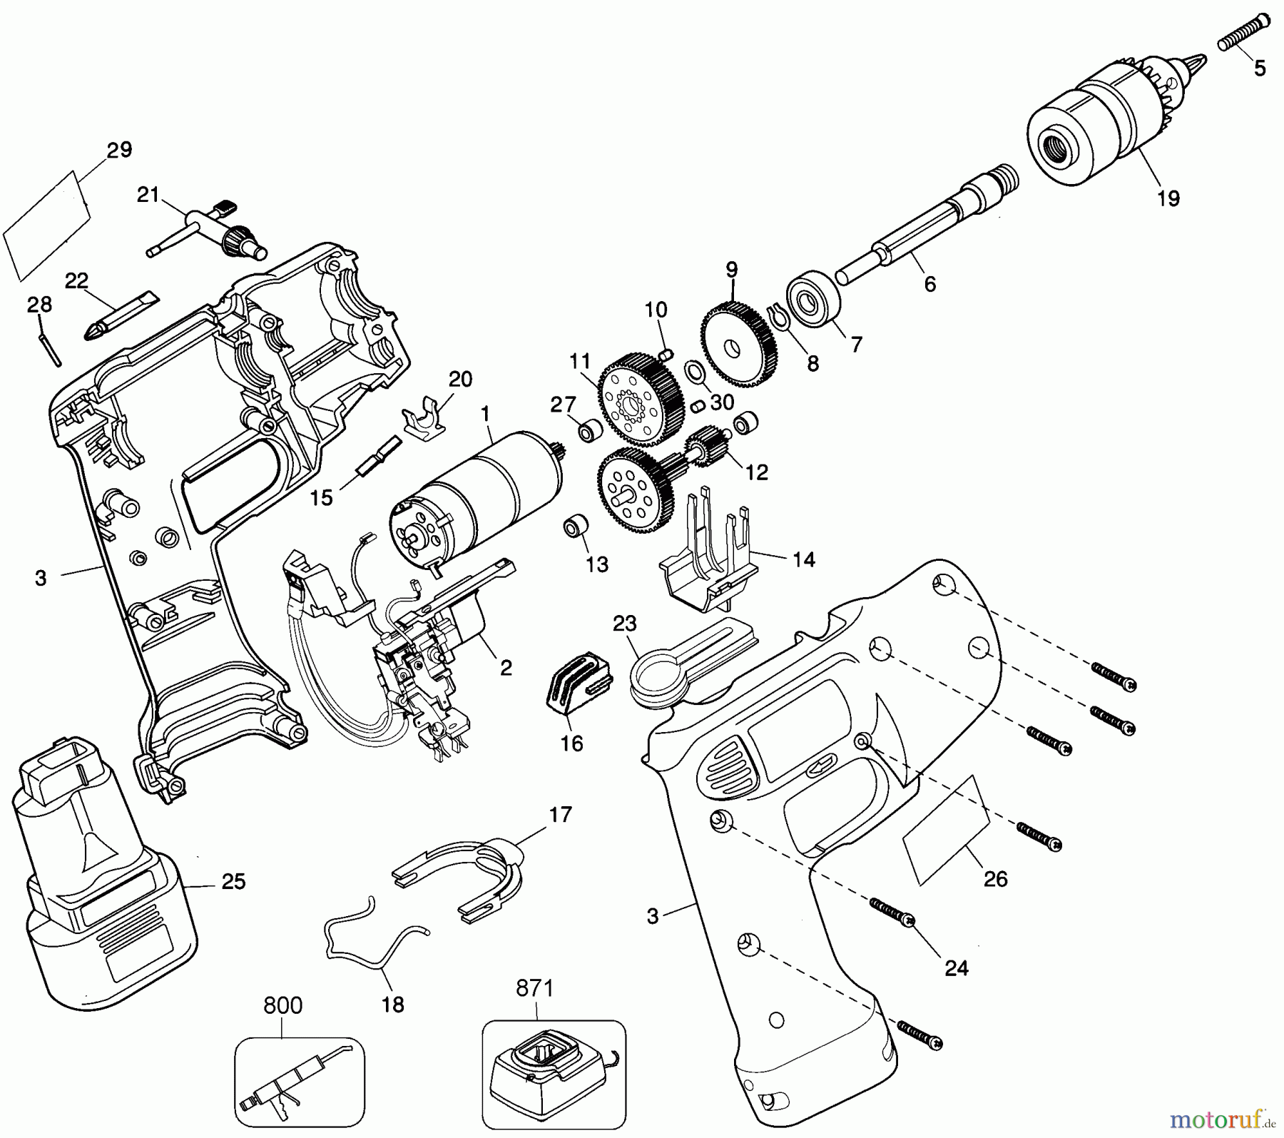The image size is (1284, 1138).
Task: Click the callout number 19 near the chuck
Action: (1168, 198)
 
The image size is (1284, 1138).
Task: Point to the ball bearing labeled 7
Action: (814, 300)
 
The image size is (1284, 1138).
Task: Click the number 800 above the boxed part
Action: (282, 1006)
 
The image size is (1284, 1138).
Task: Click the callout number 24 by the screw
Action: (956, 968)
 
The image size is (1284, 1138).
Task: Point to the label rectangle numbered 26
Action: (946, 831)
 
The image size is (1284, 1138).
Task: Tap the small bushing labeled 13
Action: (576, 527)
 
